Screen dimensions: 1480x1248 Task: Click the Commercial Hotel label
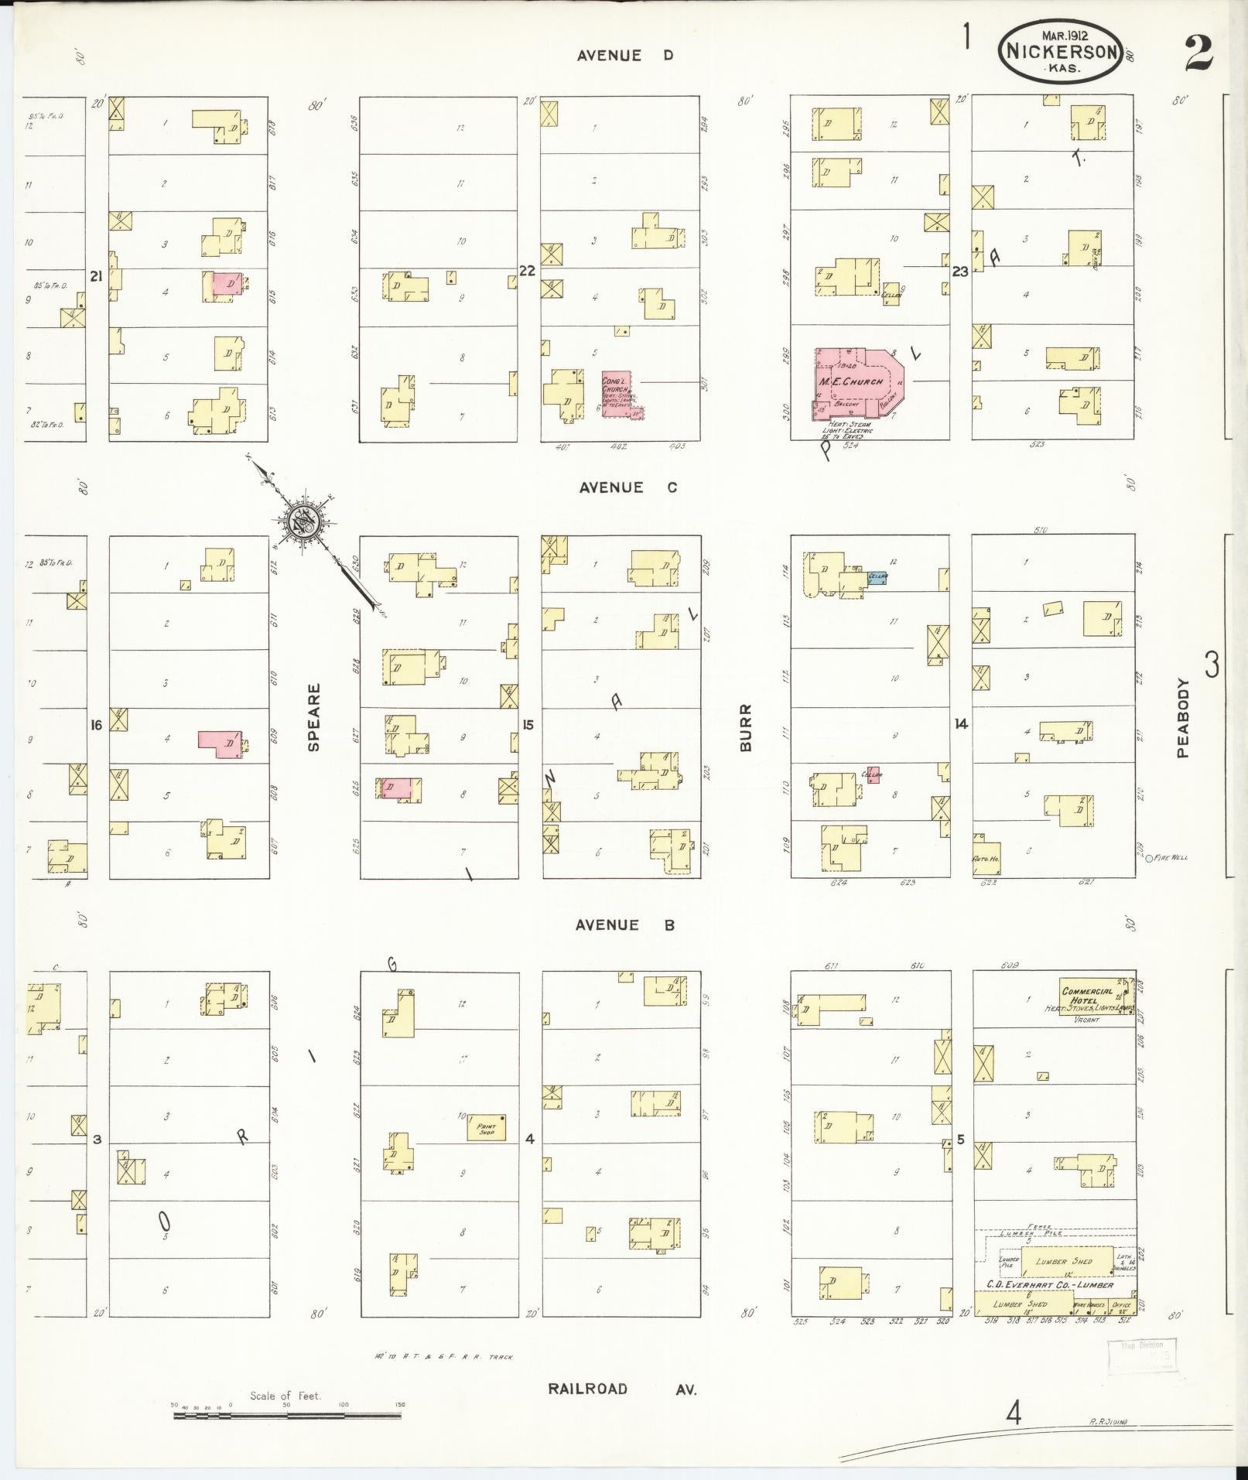point(1087,996)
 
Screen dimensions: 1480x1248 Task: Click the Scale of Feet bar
point(287,1415)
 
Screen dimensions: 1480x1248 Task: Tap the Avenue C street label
point(627,487)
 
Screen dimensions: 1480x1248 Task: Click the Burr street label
point(746,727)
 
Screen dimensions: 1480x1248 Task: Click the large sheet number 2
point(1197,53)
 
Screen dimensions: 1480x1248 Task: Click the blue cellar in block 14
point(877,577)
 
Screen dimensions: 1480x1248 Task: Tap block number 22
point(527,271)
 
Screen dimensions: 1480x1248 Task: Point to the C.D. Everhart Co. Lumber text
point(1048,1284)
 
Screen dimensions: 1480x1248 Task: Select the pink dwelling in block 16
point(220,743)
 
